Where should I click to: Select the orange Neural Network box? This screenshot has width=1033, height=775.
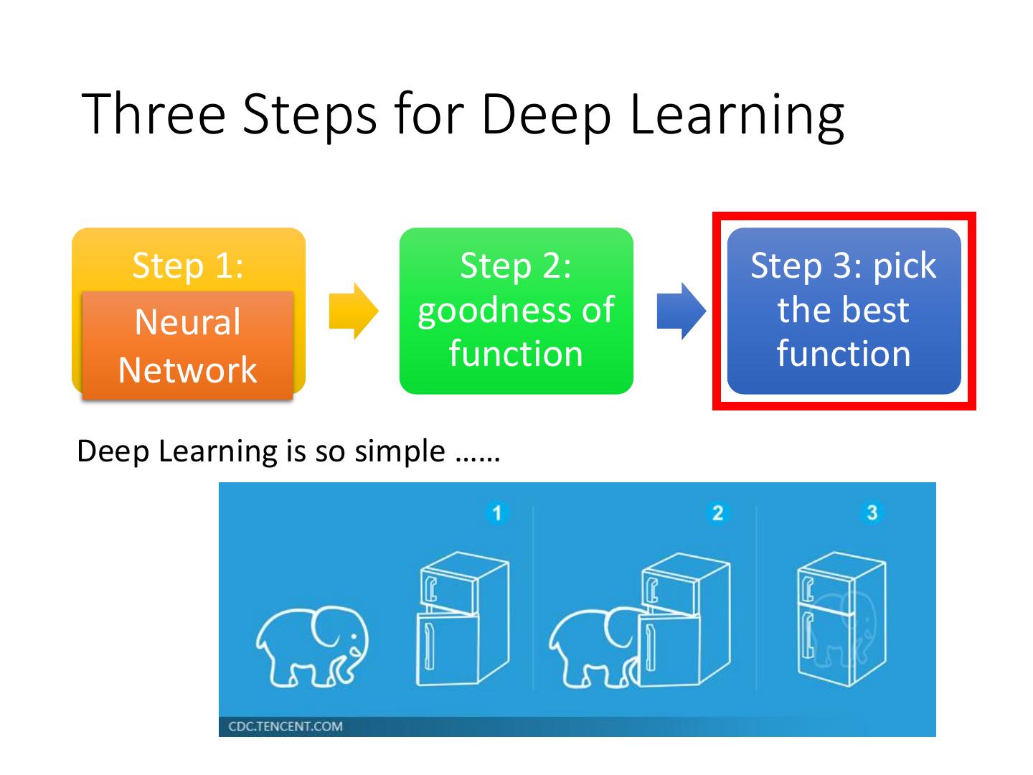[x=187, y=346]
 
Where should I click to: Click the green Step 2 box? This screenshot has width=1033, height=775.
[x=516, y=311]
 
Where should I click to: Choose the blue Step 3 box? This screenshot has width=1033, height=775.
[x=844, y=311]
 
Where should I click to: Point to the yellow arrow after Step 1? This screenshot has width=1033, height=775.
[x=353, y=311]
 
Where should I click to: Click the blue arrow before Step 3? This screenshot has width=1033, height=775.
[x=681, y=311]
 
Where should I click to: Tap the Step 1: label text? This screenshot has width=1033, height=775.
[x=188, y=266]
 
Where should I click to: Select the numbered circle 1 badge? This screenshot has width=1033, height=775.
[x=496, y=512]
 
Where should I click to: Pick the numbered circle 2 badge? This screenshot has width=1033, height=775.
[x=717, y=512]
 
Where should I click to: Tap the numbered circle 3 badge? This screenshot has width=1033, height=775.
[x=872, y=512]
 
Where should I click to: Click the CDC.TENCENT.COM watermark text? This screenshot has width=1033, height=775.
[x=286, y=726]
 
